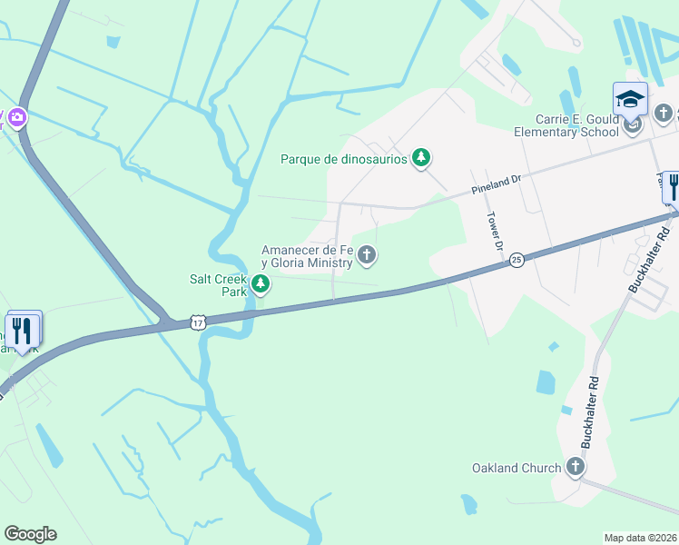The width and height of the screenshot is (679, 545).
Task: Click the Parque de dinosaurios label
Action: (344, 160)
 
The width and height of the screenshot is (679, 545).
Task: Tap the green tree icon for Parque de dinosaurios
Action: (420, 159)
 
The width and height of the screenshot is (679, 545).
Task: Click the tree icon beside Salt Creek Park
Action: (261, 285)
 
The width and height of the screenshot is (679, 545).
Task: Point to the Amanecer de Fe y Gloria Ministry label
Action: (306, 256)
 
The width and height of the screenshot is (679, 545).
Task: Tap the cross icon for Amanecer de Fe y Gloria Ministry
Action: (367, 255)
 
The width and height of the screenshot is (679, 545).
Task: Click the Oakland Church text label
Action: (516, 468)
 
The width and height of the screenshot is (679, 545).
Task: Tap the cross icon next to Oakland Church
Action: (574, 468)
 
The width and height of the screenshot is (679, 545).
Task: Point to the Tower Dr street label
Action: (495, 231)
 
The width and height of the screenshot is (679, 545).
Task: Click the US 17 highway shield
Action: (199, 322)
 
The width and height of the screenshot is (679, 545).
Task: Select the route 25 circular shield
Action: (516, 260)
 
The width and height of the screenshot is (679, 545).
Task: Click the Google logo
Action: (30, 534)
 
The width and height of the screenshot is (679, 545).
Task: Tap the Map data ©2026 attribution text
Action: (640, 538)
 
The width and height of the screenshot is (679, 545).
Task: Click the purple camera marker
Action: (15, 117)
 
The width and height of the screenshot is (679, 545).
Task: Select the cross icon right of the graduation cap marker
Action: (664, 114)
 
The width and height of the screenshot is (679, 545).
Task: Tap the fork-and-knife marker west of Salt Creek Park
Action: (23, 331)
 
